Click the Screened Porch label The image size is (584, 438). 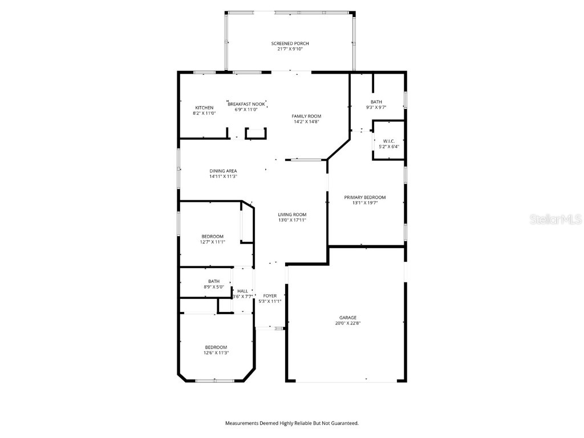pyautogui.click(x=290, y=43)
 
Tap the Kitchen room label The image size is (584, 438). pyautogui.click(x=205, y=108)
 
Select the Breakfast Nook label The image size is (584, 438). pyautogui.click(x=246, y=104)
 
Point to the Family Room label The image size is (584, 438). pyautogui.click(x=306, y=116)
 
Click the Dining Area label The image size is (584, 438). pyautogui.click(x=223, y=171)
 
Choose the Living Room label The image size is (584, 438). pyautogui.click(x=292, y=215)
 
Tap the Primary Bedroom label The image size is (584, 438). pyautogui.click(x=364, y=197)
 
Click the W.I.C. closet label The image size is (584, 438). pyautogui.click(x=389, y=141)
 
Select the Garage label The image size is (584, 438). pyautogui.click(x=347, y=318)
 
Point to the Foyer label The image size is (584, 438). pyautogui.click(x=270, y=296)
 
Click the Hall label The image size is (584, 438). pyautogui.click(x=242, y=291)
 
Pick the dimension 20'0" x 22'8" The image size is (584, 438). pyautogui.click(x=347, y=323)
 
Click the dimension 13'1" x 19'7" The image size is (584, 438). pyautogui.click(x=365, y=203)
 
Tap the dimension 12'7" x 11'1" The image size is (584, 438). pyautogui.click(x=213, y=242)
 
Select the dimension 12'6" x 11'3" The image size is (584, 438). pyautogui.click(x=216, y=353)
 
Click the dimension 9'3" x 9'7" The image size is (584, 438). pyautogui.click(x=376, y=108)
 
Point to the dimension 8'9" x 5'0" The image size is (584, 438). pyautogui.click(x=214, y=287)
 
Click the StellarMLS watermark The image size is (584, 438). pyautogui.click(x=555, y=219)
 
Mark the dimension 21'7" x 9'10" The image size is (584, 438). pyautogui.click(x=290, y=49)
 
